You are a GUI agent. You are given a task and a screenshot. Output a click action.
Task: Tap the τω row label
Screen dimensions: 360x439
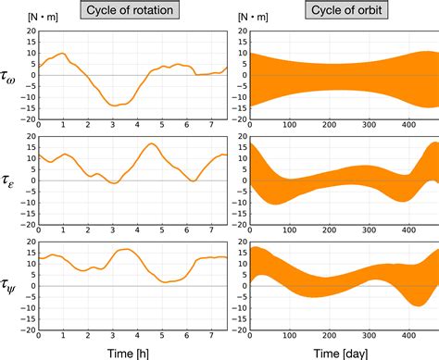point(13,75)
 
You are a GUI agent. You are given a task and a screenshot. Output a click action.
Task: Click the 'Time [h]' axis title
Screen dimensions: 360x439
point(132,351)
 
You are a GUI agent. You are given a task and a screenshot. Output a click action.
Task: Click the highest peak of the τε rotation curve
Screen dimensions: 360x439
point(151,143)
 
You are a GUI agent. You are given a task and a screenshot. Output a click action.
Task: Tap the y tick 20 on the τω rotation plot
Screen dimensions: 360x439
point(31,31)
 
